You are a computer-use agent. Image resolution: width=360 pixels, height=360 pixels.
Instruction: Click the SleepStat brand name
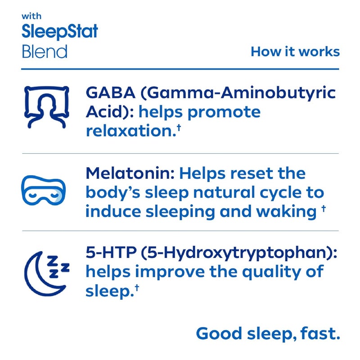(x=60, y=32)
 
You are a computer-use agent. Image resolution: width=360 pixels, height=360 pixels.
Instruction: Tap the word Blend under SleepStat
(x=45, y=51)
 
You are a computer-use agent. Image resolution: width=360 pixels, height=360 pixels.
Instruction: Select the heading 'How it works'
(x=295, y=51)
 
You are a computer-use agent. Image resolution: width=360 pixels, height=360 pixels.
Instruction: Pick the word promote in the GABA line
(x=224, y=112)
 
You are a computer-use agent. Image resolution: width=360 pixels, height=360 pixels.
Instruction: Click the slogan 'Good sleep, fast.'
(x=267, y=333)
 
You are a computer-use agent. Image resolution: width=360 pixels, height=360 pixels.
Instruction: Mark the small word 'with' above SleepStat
(x=31, y=17)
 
